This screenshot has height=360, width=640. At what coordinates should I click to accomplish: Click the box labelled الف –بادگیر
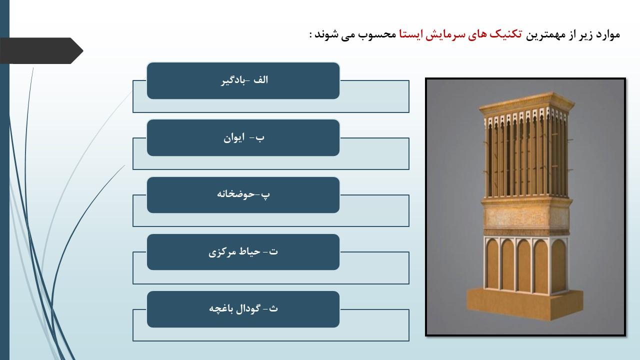[243, 81]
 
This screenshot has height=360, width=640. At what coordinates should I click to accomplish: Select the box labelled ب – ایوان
[243, 137]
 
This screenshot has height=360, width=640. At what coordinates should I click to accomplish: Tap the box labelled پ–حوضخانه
[243, 195]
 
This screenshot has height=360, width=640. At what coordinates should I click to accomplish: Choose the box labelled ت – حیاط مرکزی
[243, 252]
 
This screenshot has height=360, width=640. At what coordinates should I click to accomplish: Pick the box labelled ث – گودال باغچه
[243, 309]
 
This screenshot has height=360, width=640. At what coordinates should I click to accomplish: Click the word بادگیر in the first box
[233, 80]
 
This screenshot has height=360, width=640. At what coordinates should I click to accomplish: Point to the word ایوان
[234, 138]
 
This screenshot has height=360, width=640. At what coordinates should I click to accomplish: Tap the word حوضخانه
[235, 194]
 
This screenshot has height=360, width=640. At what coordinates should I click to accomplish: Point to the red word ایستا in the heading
[410, 34]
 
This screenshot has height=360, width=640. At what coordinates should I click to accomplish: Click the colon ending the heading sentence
[311, 35]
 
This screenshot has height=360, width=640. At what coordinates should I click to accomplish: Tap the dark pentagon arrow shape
[41, 50]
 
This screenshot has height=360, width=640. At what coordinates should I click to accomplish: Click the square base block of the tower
[524, 305]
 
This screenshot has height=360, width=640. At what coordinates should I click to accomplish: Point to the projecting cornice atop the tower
[526, 102]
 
